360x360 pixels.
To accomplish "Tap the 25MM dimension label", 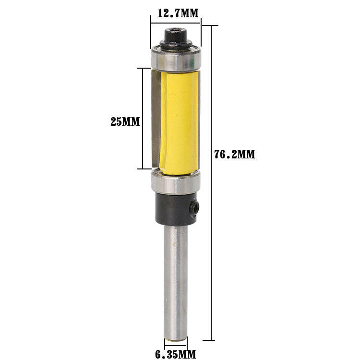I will pos(125,122).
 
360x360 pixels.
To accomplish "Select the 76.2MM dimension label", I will pos(235,155).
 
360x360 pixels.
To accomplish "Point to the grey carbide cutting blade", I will pos(156,120).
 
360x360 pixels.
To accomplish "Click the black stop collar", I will pos(175,209).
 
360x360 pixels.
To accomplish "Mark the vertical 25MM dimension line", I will pos(143,96).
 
